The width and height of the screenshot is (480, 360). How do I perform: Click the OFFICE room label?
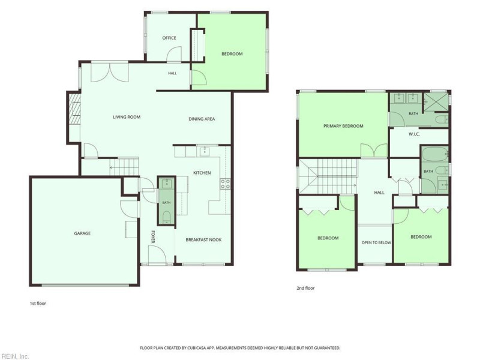pos(169,38)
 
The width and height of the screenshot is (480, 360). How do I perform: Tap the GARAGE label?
pos(82,233)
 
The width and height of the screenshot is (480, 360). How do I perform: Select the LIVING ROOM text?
pos(127,117)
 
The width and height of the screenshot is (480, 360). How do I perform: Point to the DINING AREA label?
pos(202,119)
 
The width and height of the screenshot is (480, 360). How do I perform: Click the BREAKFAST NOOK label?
pos(203,239)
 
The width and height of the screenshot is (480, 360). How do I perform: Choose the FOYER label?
pos(153,237)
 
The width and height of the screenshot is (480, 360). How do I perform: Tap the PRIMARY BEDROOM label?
pos(343,126)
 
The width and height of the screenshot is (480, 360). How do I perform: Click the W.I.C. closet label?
pos(414,134)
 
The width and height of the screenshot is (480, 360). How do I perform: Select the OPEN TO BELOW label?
pos(376,242)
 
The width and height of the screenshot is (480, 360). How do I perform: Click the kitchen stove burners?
pos(226,184)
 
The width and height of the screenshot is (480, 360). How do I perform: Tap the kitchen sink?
pos(205,151)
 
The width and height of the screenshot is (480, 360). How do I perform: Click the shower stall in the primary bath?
pos(436,102)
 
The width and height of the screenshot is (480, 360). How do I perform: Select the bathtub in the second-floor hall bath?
pos(435,155)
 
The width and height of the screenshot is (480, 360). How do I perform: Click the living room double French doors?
pos(110,72)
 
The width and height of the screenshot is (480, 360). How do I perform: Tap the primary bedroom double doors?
pos(374,151)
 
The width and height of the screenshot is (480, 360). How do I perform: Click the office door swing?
pos(173,54)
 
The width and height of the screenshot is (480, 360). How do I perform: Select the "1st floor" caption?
pos(38,304)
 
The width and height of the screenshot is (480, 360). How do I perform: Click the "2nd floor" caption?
pos(305,288)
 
